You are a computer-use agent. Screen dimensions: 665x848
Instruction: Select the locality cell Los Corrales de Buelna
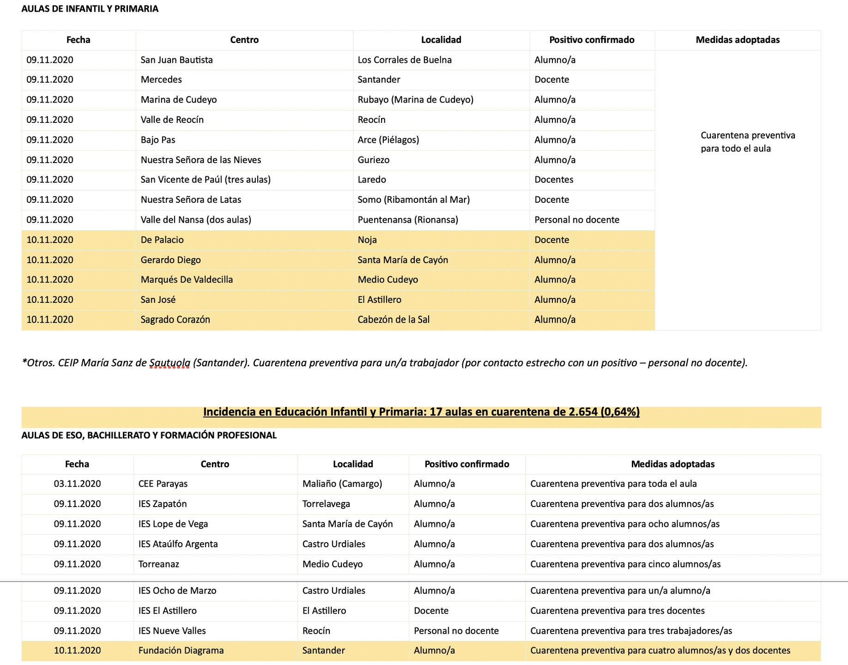click(x=405, y=60)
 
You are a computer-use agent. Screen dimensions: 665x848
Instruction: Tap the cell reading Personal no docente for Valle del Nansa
click(x=576, y=220)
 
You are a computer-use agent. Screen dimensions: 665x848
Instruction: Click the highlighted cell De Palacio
click(x=162, y=240)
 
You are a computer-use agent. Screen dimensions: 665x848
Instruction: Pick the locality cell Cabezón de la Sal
click(x=394, y=320)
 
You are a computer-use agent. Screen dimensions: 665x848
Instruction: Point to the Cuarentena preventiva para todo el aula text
click(x=747, y=142)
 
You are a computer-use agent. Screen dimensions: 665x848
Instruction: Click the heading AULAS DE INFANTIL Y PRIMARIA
click(x=90, y=9)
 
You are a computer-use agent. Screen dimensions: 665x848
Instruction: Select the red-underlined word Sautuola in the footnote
click(x=170, y=363)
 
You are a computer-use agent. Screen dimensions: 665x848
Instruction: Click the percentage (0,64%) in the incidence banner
click(x=620, y=412)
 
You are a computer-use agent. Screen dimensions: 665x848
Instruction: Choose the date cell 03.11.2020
click(x=77, y=484)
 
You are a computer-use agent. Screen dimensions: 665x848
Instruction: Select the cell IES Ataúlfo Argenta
click(x=178, y=544)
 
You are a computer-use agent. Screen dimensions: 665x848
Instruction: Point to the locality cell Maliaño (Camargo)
click(x=342, y=484)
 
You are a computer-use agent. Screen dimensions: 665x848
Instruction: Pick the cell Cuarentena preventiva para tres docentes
click(x=617, y=611)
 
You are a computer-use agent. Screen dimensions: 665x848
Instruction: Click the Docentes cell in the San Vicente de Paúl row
click(x=554, y=180)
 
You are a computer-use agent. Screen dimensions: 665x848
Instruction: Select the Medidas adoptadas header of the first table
click(x=737, y=40)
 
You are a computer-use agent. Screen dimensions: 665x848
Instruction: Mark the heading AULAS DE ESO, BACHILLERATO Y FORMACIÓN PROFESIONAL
click(x=149, y=435)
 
